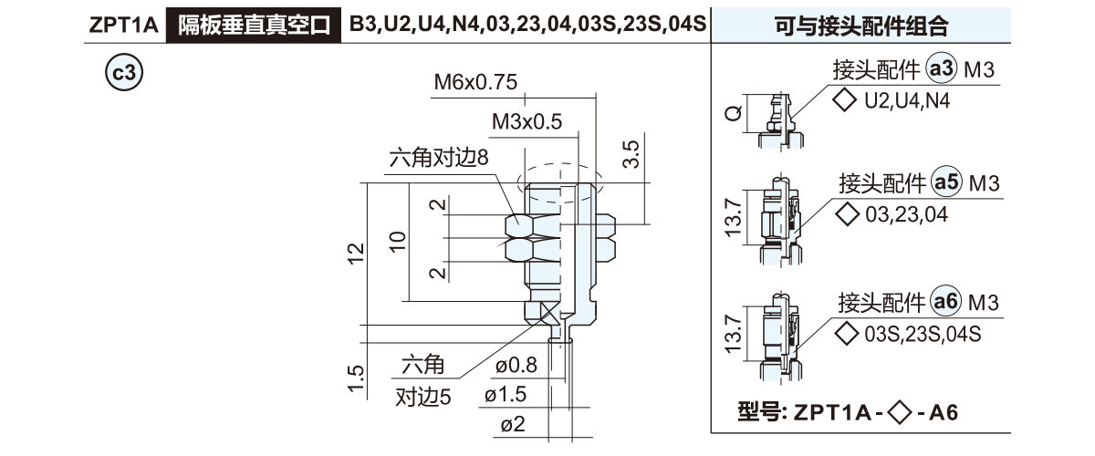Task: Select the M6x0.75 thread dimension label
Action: coord(475,82)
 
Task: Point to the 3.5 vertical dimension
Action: coord(631,153)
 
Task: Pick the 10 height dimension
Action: coord(397,241)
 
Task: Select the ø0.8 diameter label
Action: coord(516,368)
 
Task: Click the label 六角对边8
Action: coord(439,158)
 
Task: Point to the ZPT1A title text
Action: coord(126,24)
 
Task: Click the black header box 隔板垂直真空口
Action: coord(254,24)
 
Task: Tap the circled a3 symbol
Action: coord(942,69)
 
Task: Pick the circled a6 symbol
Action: coord(948,302)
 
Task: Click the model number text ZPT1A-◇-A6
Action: coord(847,412)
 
